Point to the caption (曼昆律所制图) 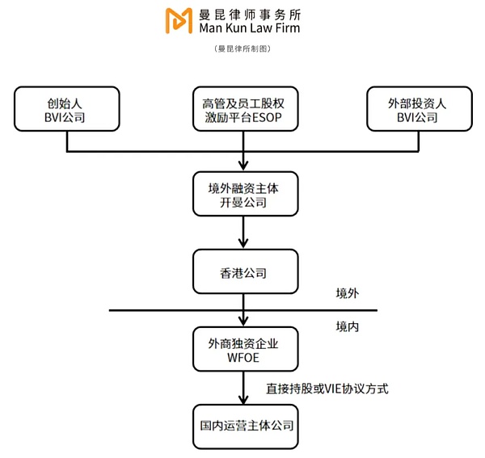pyautogui.click(x=242, y=48)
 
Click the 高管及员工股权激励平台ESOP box pyautogui.click(x=243, y=111)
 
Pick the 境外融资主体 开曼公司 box pyautogui.click(x=243, y=194)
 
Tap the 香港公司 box pyautogui.click(x=243, y=272)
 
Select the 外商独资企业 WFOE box pyautogui.click(x=243, y=350)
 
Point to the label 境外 pyautogui.click(x=347, y=293)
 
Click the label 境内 pyautogui.click(x=347, y=327)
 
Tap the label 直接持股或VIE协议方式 pyautogui.click(x=327, y=389)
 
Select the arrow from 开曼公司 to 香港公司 pyautogui.click(x=243, y=233)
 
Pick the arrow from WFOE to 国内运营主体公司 pyautogui.click(x=243, y=389)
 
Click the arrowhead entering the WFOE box pyautogui.click(x=243, y=321)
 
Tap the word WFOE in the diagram pyautogui.click(x=243, y=358)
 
